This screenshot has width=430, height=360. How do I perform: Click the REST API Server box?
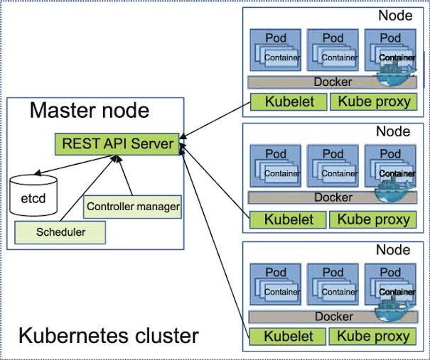(x=117, y=144)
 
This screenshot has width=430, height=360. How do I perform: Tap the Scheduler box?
(x=60, y=232)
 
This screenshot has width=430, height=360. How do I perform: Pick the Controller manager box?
(x=132, y=207)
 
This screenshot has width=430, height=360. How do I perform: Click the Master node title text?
(x=90, y=111)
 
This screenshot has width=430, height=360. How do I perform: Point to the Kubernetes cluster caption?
(x=108, y=335)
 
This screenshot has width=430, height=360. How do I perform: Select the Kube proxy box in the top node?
(x=374, y=102)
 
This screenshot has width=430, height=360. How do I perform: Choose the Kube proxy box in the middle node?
(x=374, y=219)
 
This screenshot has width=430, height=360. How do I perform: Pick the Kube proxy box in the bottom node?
(x=374, y=337)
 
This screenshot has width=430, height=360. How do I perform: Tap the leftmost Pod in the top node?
(x=275, y=50)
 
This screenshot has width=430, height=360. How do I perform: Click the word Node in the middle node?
(x=392, y=131)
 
